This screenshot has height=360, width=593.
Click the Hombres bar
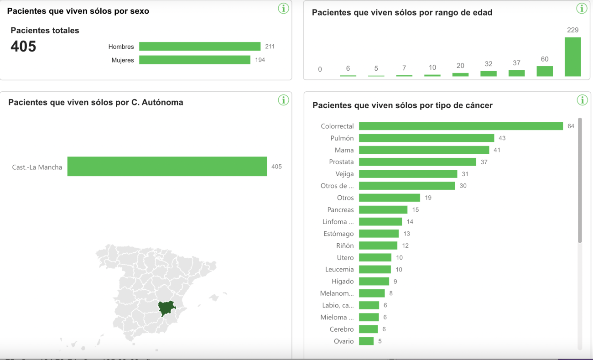point(199,47)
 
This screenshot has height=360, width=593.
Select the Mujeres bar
point(194,60)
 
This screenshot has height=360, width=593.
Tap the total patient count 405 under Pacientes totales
point(23,47)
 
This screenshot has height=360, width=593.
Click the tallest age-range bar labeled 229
point(572,57)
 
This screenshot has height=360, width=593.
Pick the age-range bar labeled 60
point(545,71)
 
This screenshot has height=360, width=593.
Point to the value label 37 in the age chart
point(516,63)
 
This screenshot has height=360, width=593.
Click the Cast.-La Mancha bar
point(167,167)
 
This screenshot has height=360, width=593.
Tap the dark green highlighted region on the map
point(166,308)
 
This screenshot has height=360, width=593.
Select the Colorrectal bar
point(461,126)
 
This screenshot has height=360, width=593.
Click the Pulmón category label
point(342,138)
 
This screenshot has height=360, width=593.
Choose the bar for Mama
point(424,150)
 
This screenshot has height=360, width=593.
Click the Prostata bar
point(417,162)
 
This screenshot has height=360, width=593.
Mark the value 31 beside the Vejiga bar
point(465,174)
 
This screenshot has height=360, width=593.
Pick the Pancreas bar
point(383,210)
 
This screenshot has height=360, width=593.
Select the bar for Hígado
point(374,282)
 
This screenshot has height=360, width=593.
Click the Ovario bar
point(366,341)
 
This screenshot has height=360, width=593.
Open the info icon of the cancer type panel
point(582,100)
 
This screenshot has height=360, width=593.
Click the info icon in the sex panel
point(283,8)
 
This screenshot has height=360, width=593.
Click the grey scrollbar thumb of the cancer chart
point(580,180)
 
